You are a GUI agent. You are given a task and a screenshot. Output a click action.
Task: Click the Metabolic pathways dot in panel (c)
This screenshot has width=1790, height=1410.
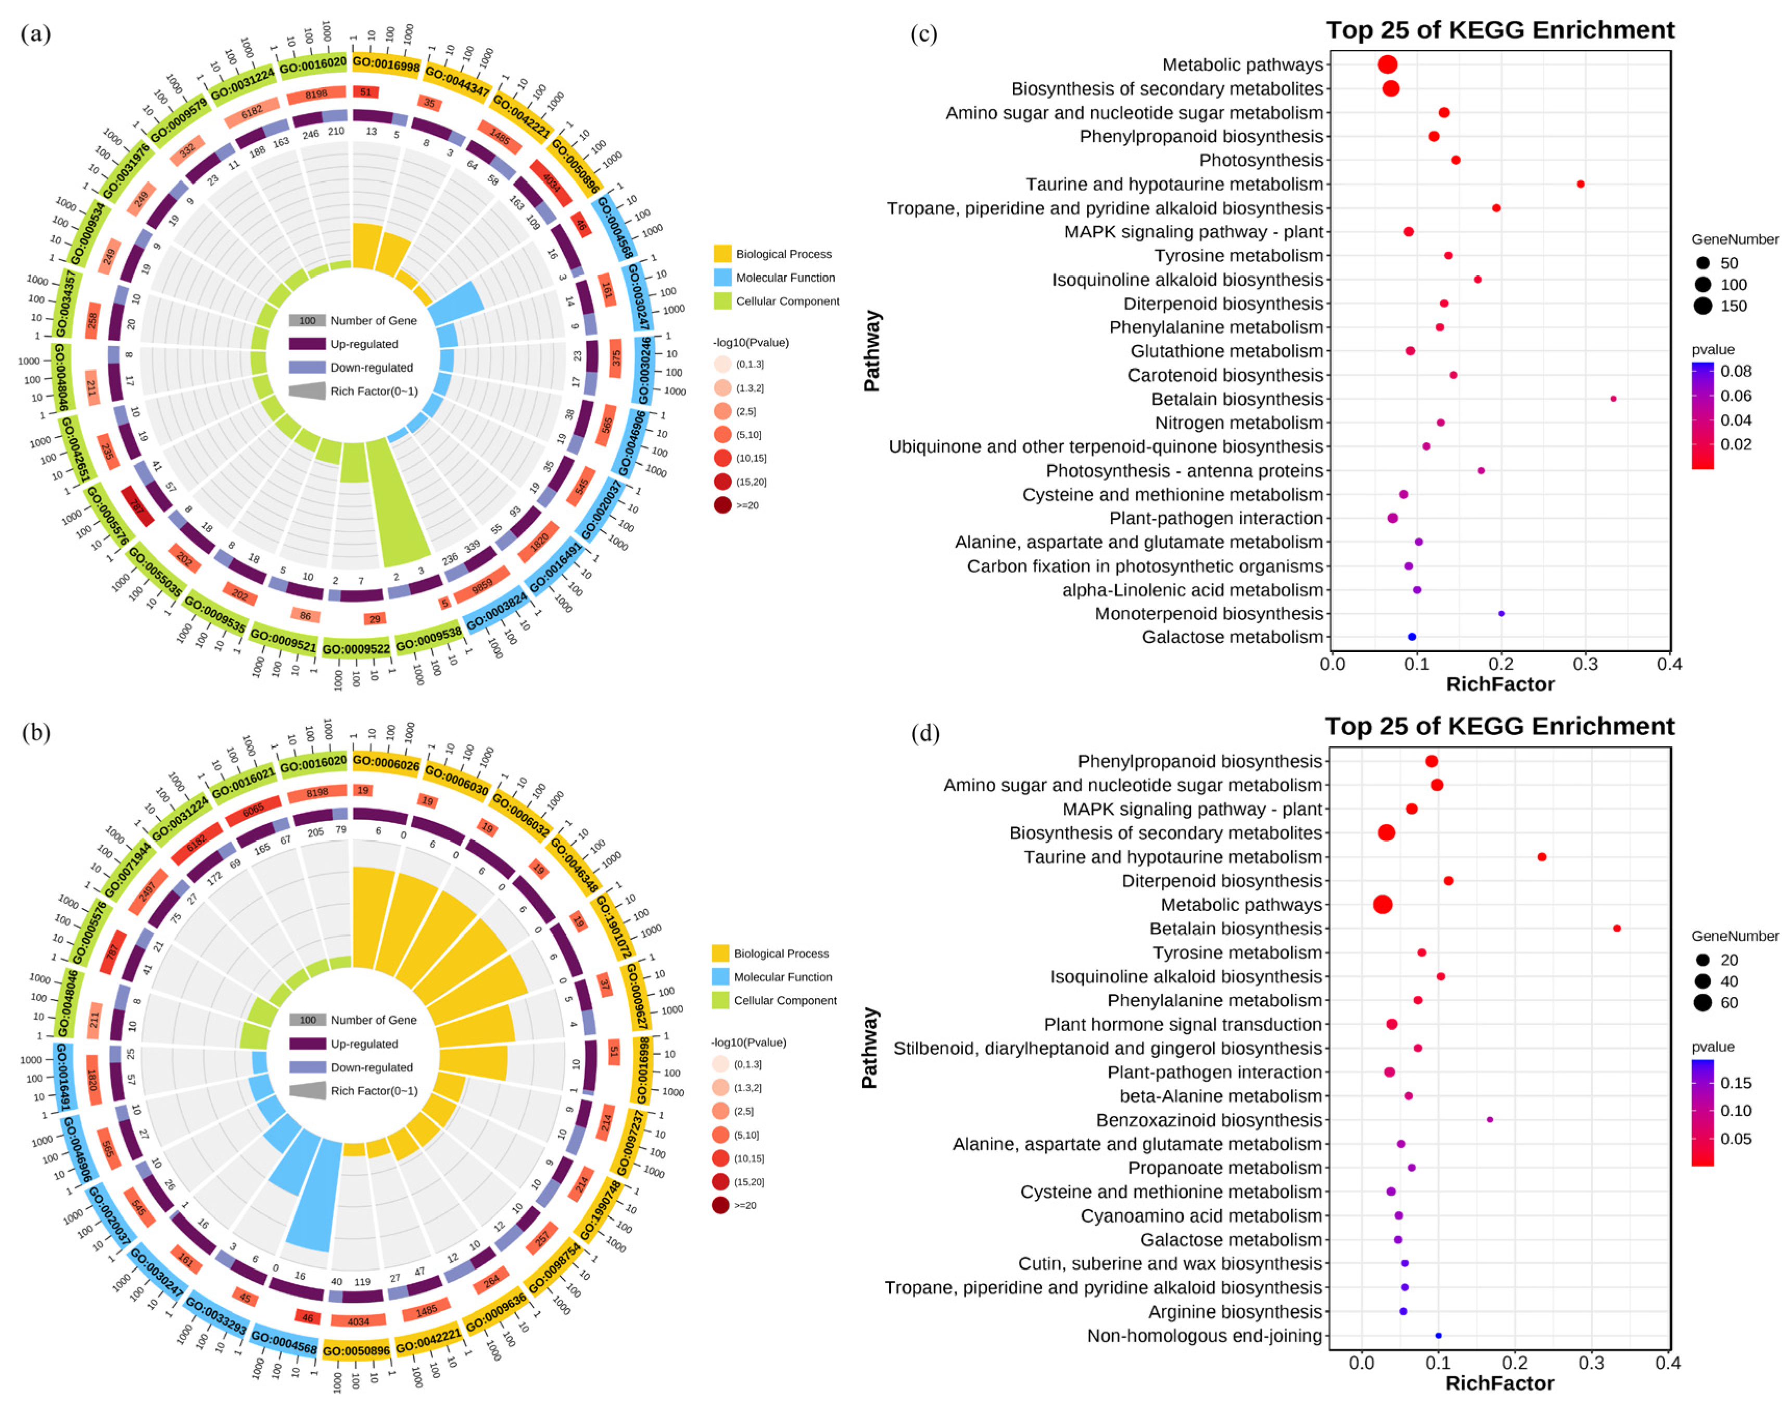1387,65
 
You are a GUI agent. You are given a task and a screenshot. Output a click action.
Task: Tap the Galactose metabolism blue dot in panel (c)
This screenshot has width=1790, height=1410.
1412,636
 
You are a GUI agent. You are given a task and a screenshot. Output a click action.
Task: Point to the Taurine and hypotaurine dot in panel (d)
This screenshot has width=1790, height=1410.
1542,857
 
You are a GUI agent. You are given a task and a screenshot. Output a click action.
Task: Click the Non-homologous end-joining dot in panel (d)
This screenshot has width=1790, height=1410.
1438,1335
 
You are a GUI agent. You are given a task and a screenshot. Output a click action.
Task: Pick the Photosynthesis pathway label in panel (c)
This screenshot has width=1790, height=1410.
1261,160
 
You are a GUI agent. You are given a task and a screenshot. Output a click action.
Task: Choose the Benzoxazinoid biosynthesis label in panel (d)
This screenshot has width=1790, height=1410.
1209,1120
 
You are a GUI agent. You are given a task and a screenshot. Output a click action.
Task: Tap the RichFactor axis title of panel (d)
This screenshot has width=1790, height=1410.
1500,1383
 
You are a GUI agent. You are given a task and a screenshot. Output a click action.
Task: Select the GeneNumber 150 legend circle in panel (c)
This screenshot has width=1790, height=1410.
1703,306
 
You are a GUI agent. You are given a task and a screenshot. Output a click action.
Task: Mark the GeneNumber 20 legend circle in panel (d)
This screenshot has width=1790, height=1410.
1703,960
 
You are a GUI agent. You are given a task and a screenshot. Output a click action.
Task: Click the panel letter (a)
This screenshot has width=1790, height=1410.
35,34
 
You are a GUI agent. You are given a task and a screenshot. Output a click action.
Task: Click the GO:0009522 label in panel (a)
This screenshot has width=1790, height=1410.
356,649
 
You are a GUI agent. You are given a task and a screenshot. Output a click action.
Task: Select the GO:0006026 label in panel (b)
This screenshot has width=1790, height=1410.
386,764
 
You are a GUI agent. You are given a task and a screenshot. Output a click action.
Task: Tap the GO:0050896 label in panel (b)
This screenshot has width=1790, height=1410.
356,1351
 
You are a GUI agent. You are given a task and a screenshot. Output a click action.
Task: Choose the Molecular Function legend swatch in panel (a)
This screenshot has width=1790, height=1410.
722,277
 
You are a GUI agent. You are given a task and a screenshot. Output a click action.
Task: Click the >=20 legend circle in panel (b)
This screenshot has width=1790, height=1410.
721,1206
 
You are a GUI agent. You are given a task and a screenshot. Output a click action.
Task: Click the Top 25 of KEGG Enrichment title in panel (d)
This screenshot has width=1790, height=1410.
1500,726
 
